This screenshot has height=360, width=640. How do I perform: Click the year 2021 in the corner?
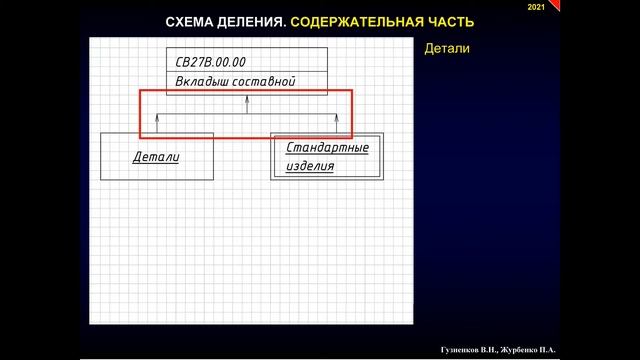(535, 8)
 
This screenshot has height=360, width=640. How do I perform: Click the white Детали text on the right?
(447, 48)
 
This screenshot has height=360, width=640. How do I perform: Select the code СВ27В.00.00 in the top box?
(210, 62)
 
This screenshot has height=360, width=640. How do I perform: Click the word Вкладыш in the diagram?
(204, 82)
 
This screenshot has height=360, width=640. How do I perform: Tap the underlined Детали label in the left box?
(156, 157)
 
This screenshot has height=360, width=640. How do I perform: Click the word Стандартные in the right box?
(327, 148)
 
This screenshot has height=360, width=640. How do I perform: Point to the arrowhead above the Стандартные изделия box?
(336, 121)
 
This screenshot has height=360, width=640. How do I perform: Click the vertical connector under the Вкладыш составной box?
(247, 105)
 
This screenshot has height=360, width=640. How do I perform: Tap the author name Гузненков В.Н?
(472, 350)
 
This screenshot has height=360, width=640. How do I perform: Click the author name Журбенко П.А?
(531, 350)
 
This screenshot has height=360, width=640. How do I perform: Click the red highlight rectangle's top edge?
(246, 91)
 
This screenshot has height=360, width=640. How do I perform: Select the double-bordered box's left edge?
(272, 156)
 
